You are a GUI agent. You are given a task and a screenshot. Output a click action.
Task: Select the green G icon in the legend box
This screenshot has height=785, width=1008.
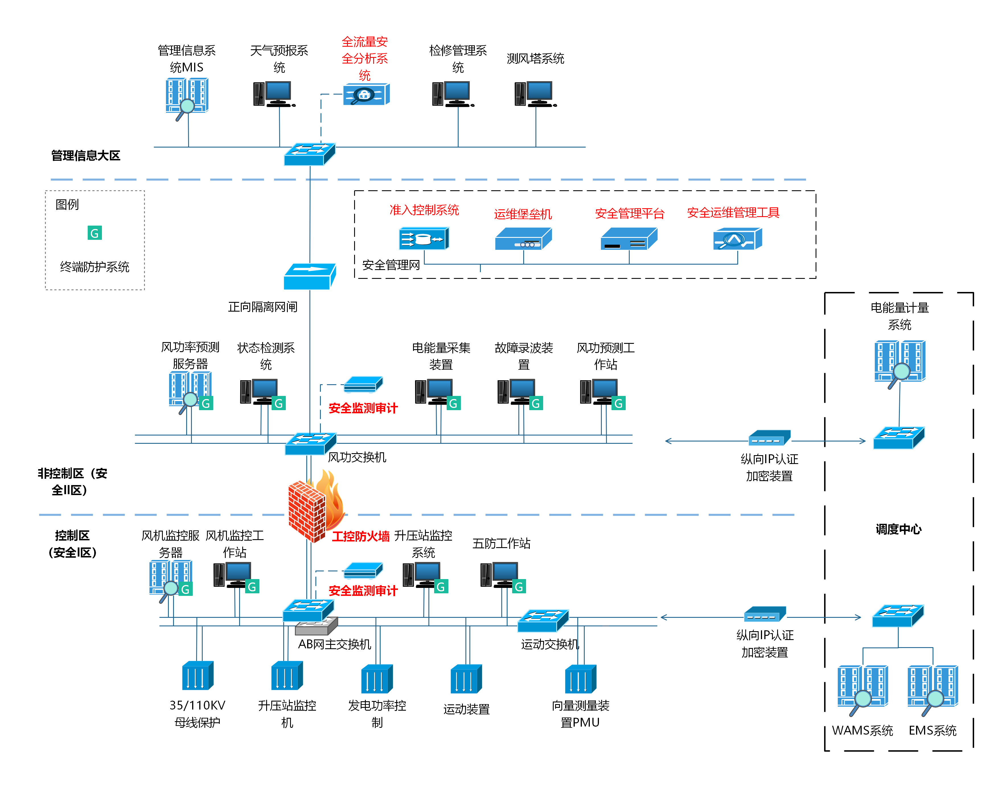[95, 233]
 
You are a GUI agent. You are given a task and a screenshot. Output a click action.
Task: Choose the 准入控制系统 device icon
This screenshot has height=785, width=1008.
[424, 239]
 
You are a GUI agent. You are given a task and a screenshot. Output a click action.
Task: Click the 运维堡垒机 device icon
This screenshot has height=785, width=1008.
[523, 239]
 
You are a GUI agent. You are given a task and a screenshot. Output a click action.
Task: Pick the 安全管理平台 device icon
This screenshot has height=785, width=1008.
[629, 239]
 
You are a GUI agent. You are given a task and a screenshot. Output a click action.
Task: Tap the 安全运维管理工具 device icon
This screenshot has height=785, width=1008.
[737, 239]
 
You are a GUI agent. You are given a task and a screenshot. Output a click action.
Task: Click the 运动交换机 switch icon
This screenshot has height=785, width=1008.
[543, 621]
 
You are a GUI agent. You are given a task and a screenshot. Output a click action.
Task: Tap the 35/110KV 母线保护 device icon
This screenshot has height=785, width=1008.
[198, 676]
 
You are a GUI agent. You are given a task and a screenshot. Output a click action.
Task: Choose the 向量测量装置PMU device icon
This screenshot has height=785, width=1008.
[580, 679]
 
